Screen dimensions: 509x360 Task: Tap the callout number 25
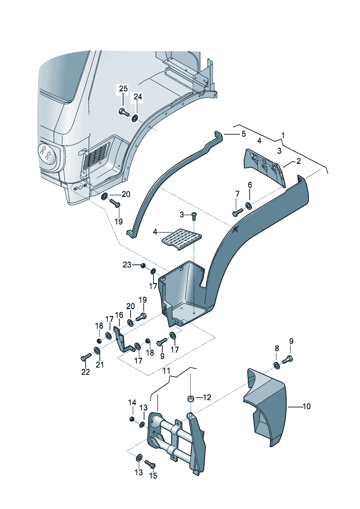123,89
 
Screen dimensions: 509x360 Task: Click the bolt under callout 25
123,112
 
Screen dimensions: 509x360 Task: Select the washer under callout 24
135,118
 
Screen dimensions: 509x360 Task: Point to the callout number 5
244,134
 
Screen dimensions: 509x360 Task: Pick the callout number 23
127,265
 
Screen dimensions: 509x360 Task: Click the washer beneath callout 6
249,206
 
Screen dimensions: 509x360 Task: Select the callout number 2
298,161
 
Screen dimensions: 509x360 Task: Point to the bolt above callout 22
84,358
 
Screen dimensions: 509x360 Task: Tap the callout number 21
100,365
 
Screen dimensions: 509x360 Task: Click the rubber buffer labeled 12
189,399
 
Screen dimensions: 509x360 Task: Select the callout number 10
307,406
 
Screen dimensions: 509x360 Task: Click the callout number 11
166,371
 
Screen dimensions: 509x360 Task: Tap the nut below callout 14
132,419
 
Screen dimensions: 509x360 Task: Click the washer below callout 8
276,365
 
